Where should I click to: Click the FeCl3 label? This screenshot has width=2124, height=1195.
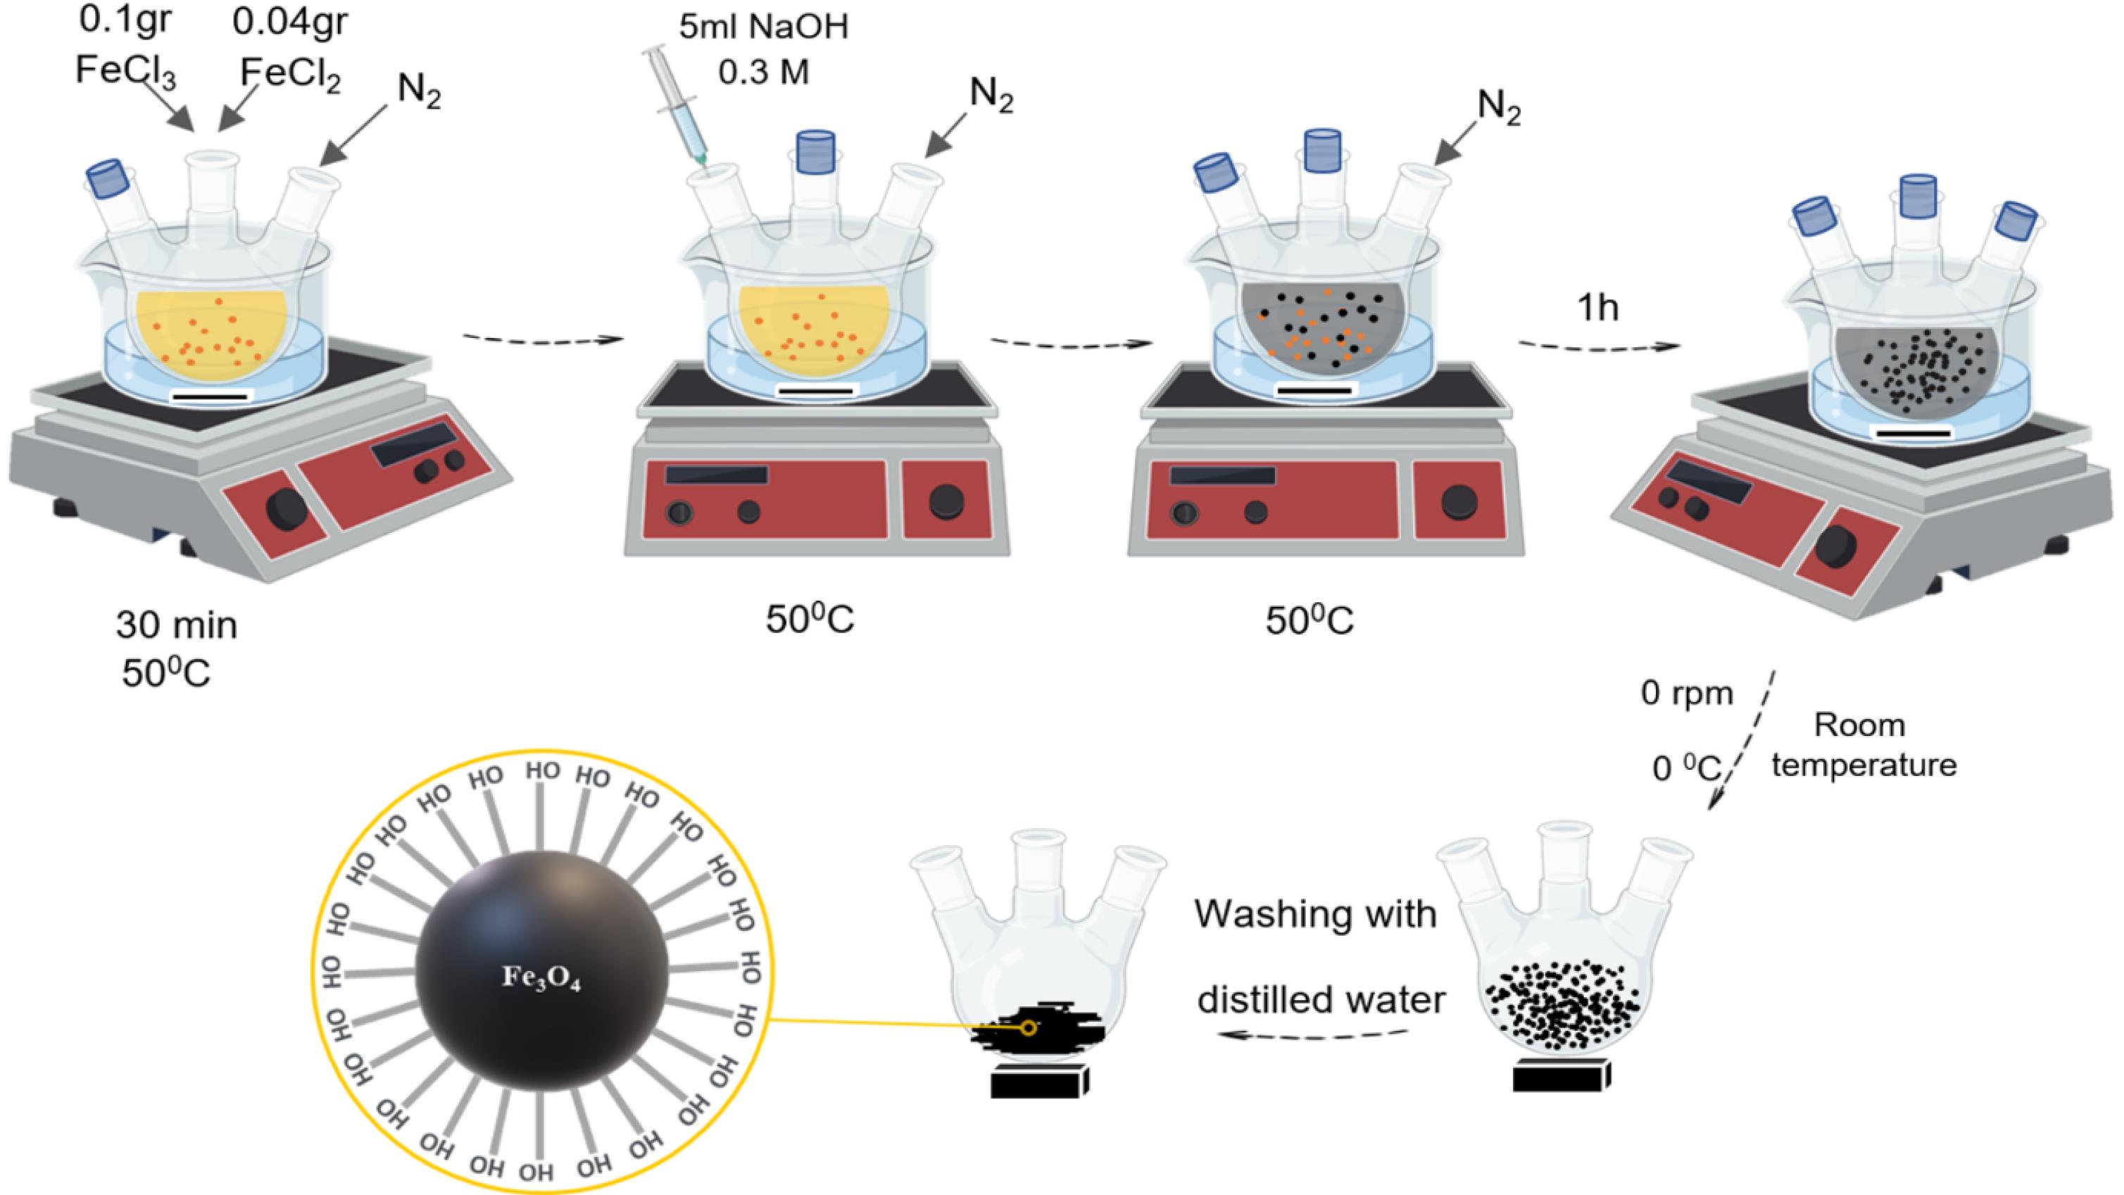click(x=125, y=71)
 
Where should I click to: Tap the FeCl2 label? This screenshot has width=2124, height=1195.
click(x=290, y=74)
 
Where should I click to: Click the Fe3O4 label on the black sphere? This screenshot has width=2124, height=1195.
click(x=541, y=979)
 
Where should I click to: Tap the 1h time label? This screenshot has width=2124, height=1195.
click(x=1597, y=308)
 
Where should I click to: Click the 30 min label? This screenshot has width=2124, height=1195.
click(x=177, y=625)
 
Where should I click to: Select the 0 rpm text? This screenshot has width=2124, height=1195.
click(x=1687, y=694)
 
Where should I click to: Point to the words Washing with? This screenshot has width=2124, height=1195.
click(x=1315, y=914)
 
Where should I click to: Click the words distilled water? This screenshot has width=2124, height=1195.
click(x=1321, y=999)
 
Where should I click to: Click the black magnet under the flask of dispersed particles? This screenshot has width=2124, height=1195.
click(x=1561, y=1075)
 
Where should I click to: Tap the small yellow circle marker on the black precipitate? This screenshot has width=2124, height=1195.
click(x=1028, y=1027)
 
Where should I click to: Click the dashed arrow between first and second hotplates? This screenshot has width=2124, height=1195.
click(x=541, y=339)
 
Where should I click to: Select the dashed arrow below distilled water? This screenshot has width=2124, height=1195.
click(x=1315, y=1035)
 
